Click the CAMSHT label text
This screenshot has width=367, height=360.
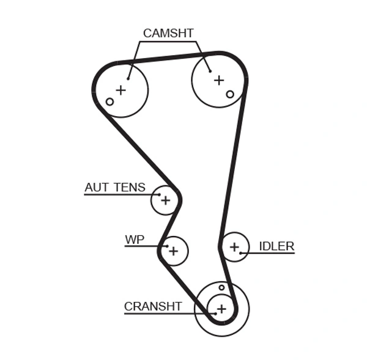point(168,33)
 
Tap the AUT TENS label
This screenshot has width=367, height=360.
point(115,188)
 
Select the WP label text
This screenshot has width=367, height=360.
point(135,240)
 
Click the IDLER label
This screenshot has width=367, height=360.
point(276,246)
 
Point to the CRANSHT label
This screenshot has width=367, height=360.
point(153,306)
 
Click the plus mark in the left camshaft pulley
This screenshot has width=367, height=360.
point(121,90)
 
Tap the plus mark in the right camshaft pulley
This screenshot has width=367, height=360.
point(219,79)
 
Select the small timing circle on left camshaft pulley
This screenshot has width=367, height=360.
point(110,101)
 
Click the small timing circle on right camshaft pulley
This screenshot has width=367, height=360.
point(230,94)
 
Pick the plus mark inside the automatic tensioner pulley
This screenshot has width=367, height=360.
point(165,200)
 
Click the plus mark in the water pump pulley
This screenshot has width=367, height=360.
point(174,251)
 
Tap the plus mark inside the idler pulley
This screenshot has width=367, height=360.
point(234,247)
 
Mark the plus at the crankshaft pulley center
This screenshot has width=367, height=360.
point(221,309)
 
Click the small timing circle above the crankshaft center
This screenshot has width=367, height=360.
point(221,287)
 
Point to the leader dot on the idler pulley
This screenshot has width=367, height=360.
point(242,253)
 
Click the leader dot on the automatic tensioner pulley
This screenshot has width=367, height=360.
point(159,195)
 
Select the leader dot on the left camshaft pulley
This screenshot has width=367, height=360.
point(128,78)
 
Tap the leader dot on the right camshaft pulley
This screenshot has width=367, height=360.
point(210,71)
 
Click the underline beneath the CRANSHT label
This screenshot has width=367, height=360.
point(159,314)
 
